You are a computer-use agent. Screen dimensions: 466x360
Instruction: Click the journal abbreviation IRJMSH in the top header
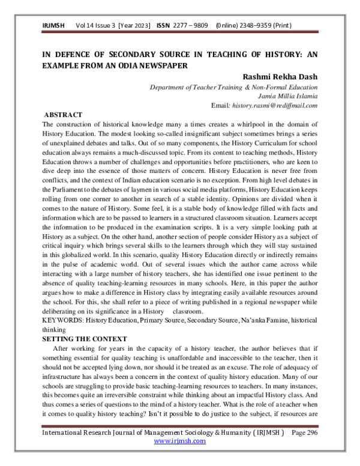coord(53,26)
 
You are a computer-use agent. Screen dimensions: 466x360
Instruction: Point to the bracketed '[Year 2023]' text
coord(135,26)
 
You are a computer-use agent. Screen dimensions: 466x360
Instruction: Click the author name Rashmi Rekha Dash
coord(283,77)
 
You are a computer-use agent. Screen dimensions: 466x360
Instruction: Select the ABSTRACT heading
coord(64,115)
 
